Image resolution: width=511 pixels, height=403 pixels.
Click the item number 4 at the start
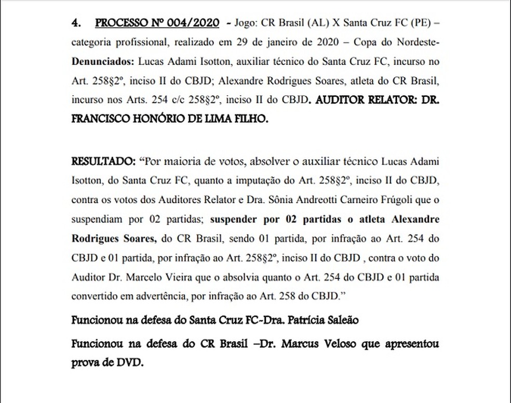[76, 24]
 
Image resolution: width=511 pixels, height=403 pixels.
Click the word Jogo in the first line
[247, 24]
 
